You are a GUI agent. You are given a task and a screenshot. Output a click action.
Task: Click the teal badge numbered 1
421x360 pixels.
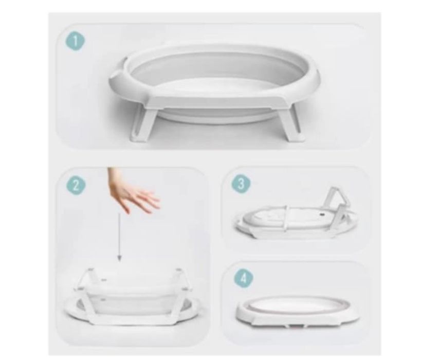coord(76,42)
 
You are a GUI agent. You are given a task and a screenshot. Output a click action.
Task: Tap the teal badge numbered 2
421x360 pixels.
coord(76,185)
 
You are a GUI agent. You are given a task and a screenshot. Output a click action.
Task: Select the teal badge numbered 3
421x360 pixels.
coord(241,184)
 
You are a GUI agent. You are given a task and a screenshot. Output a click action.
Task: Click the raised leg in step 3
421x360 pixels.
coord(336,200)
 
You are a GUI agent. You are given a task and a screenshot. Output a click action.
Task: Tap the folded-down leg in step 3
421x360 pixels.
coord(284,220)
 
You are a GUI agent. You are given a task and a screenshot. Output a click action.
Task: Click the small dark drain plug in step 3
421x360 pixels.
coord(322,214)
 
